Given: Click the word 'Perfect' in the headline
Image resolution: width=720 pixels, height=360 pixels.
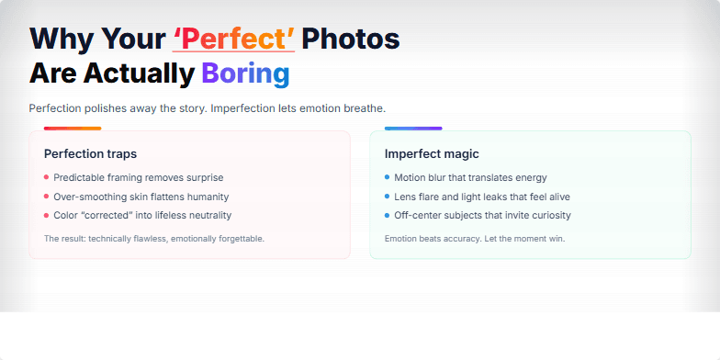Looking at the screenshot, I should point(233,39).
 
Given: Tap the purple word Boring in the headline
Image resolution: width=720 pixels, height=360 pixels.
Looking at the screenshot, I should point(245,73).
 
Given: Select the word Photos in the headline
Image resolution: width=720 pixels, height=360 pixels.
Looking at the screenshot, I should point(351,39).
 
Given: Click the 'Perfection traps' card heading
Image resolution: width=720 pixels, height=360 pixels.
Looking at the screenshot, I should point(90,153).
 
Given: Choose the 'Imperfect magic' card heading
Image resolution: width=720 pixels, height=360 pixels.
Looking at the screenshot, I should point(432,153).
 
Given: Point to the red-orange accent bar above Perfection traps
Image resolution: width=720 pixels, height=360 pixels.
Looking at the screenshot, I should point(73,129).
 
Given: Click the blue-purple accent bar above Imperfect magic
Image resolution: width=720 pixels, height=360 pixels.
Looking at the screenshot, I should point(413,129).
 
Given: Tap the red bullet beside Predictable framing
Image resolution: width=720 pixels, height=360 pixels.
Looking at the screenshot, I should point(46,177).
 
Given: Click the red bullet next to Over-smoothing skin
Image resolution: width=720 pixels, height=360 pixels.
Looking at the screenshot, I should point(46,197).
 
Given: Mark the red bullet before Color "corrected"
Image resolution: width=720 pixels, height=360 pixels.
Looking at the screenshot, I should point(46,215).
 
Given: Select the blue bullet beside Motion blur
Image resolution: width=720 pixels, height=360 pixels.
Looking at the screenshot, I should point(387,177).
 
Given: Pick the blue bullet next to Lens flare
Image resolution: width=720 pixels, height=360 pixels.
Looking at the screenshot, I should point(387,197).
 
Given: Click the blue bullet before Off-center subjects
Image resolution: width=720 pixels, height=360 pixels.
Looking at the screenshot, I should point(387,215).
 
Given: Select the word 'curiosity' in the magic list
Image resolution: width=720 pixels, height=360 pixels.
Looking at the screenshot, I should point(546,215).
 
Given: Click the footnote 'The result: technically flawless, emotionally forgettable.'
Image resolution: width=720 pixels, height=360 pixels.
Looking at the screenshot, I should point(154,239).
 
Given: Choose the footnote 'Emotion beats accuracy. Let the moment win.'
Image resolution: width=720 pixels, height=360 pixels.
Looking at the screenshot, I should point(475,239).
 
